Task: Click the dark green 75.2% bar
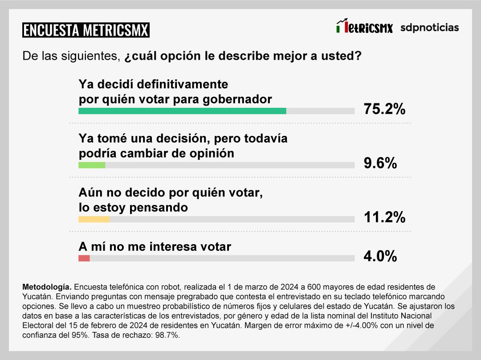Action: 182,111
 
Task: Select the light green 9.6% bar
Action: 92,165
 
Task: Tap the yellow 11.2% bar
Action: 94,219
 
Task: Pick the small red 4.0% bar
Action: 84,258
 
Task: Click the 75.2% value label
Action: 384,109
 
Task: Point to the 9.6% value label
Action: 380,164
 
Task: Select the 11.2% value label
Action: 384,217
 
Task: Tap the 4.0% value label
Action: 380,256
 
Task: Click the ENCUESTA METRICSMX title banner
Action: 86,30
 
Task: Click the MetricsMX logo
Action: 364,28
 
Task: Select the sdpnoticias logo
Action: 429,28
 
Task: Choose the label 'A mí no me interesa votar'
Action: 155,246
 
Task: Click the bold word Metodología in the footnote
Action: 46,286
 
